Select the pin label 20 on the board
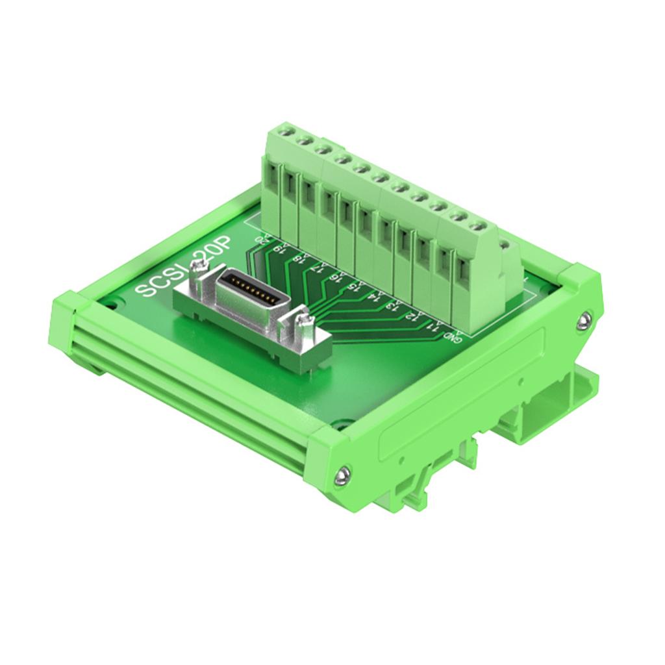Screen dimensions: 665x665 click(x=262, y=238)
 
